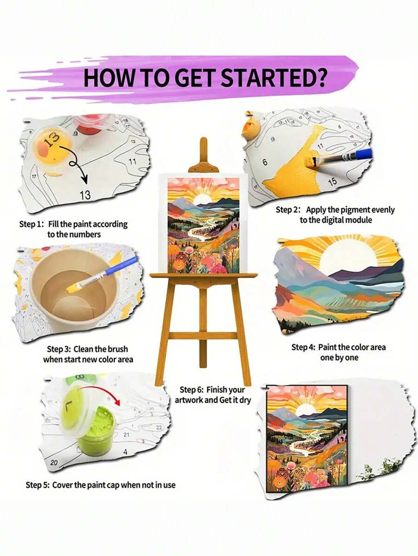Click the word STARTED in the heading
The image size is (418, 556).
click(279, 78)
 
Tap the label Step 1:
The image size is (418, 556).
click(31, 224)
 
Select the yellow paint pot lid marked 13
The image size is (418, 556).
click(51, 142)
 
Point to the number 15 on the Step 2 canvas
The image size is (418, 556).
click(332, 181)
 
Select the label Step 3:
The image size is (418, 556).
click(59, 349)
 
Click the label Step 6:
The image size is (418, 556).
click(192, 390)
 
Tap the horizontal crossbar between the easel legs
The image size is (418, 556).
click(202, 335)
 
